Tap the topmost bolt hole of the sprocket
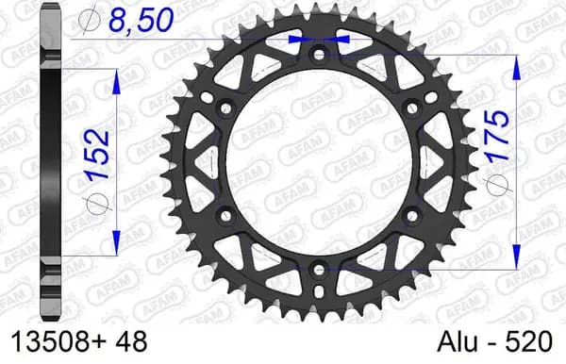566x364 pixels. (x=319, y=55)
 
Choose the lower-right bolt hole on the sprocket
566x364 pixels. (x=412, y=216)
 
